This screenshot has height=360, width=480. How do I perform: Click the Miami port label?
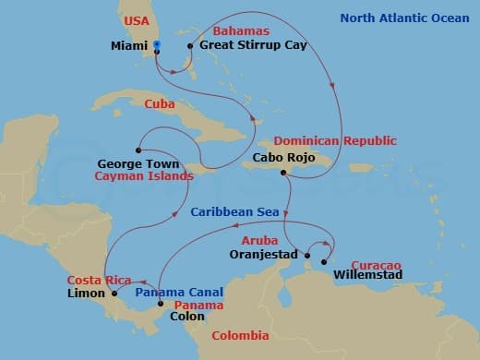[128, 45]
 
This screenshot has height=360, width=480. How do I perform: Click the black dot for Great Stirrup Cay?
[190, 45]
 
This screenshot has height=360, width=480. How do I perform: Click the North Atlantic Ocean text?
[404, 18]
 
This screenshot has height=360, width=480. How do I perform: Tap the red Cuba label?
[160, 104]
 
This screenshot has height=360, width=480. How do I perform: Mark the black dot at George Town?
[138, 150]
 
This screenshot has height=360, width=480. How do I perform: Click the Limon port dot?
[114, 294]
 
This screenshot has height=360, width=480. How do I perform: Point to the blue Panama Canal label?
[179, 292]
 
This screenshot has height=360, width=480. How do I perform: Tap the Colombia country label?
[240, 336]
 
